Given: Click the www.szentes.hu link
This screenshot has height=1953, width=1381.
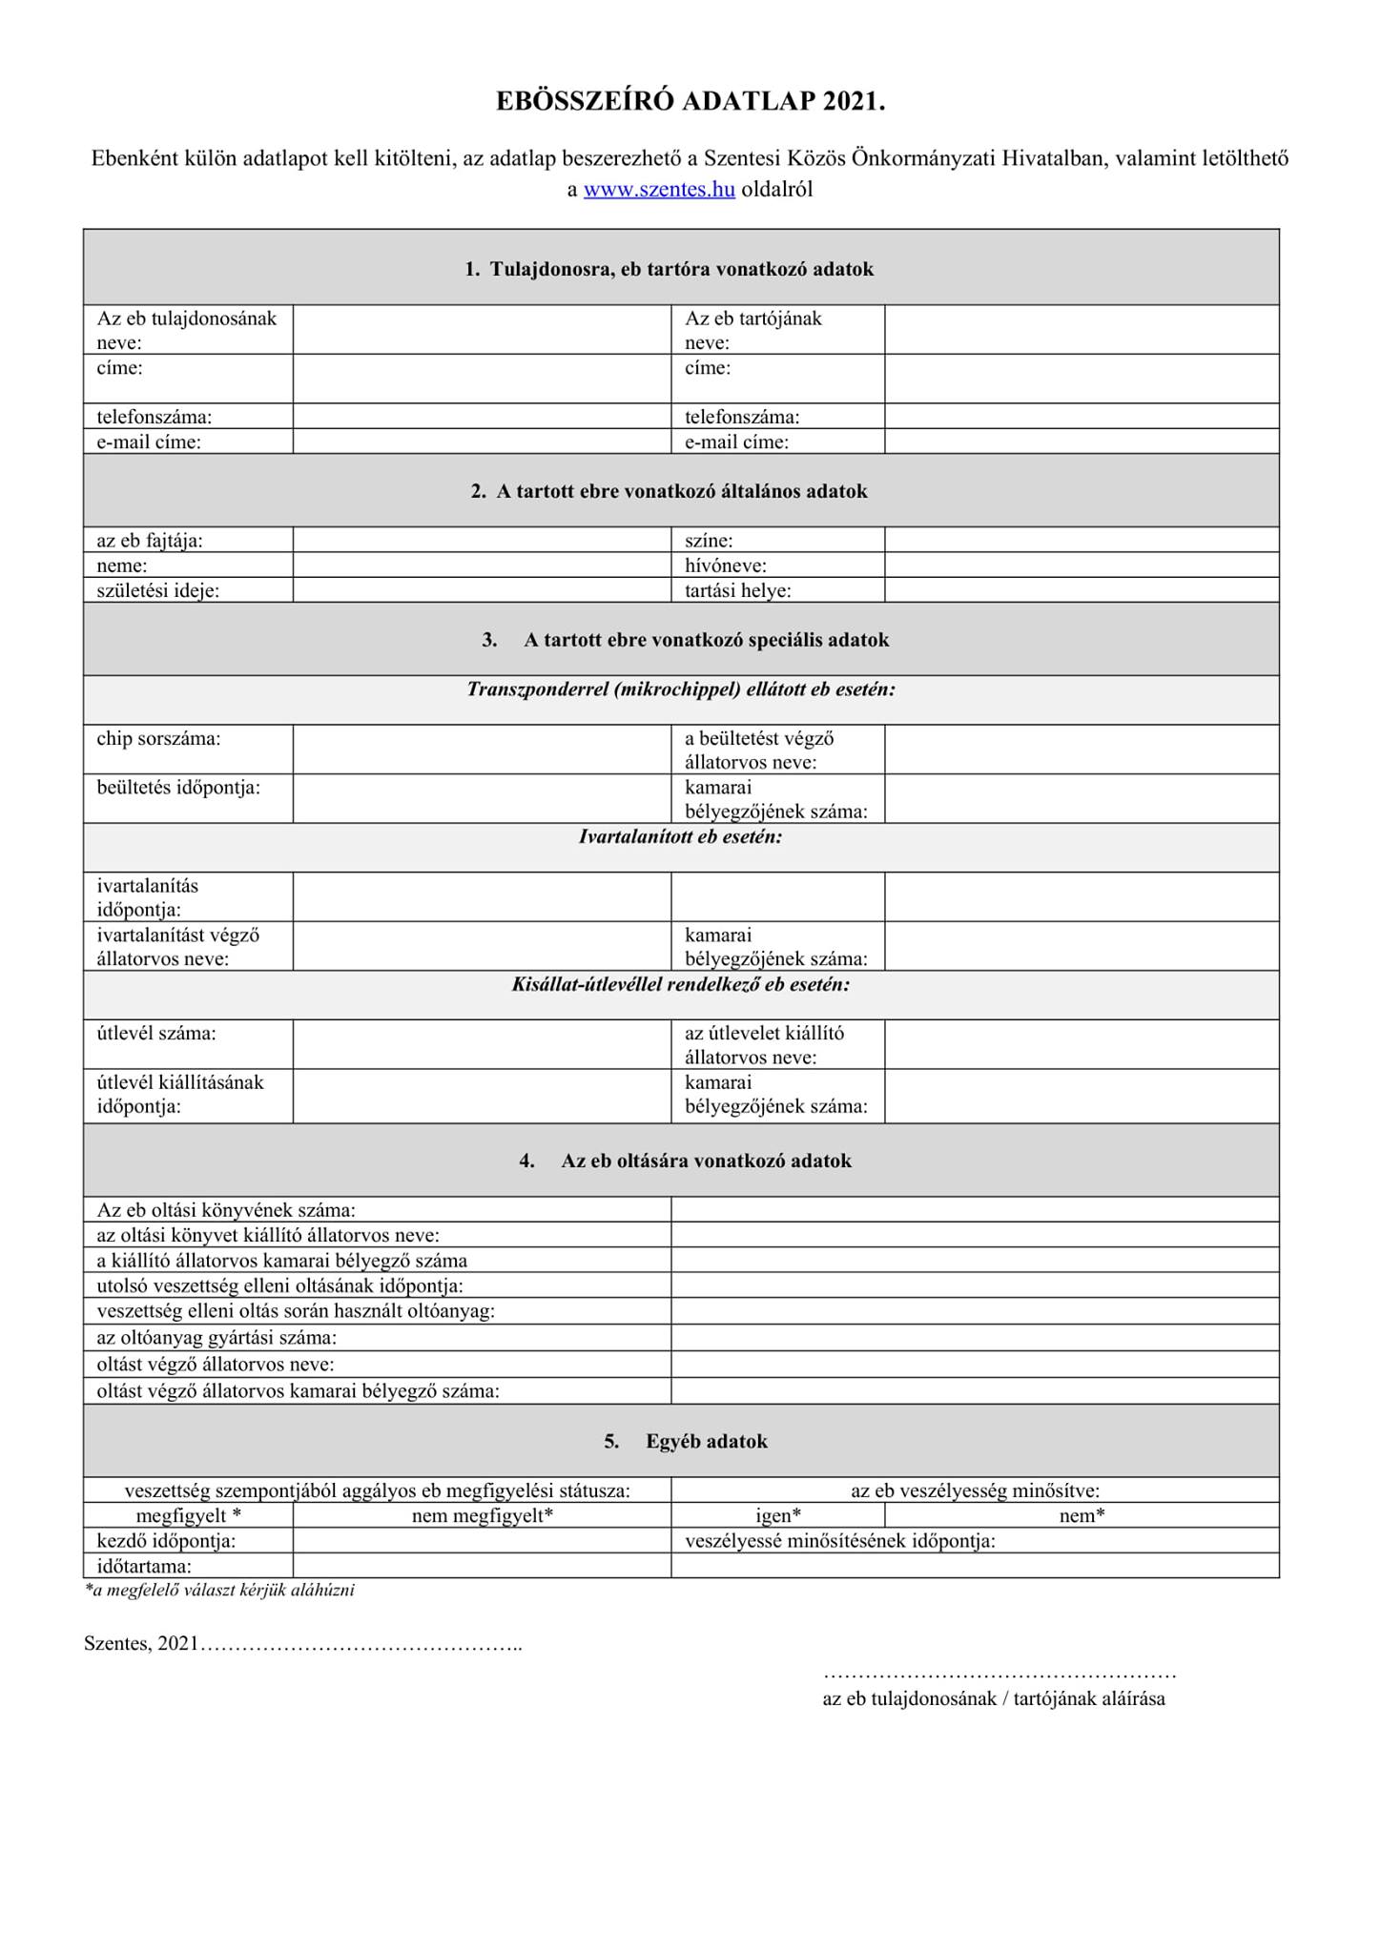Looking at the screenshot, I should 658,189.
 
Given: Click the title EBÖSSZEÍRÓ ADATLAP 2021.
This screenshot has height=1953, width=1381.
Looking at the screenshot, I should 690,102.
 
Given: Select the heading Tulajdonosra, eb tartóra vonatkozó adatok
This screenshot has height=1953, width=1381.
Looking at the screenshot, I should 681,269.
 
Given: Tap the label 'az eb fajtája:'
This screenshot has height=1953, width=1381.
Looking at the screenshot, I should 150,541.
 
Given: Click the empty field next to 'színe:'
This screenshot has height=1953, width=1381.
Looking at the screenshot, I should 1081,540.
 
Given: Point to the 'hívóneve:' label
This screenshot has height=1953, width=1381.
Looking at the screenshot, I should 725,565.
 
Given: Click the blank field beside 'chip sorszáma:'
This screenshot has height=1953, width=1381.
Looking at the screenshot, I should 482,749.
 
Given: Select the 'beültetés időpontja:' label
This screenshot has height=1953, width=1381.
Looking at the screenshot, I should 178,788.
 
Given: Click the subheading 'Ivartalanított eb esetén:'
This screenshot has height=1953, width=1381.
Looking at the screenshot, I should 680,837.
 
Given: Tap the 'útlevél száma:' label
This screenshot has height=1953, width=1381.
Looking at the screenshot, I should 156,1033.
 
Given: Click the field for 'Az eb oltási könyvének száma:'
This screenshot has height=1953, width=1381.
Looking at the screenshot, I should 974,1209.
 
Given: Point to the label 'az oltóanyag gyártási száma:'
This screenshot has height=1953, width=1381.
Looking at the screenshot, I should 216,1337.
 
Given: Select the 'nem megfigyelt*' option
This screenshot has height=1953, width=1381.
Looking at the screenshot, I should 483,1515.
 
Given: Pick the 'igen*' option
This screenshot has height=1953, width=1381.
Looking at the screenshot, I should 777,1515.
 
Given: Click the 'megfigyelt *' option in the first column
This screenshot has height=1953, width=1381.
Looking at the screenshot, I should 188,1515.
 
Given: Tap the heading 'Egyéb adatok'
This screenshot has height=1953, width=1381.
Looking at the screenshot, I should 706,1441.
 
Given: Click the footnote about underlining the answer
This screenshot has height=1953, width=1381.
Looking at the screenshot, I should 219,1591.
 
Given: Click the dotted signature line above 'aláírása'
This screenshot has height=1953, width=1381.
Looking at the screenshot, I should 999,1675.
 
